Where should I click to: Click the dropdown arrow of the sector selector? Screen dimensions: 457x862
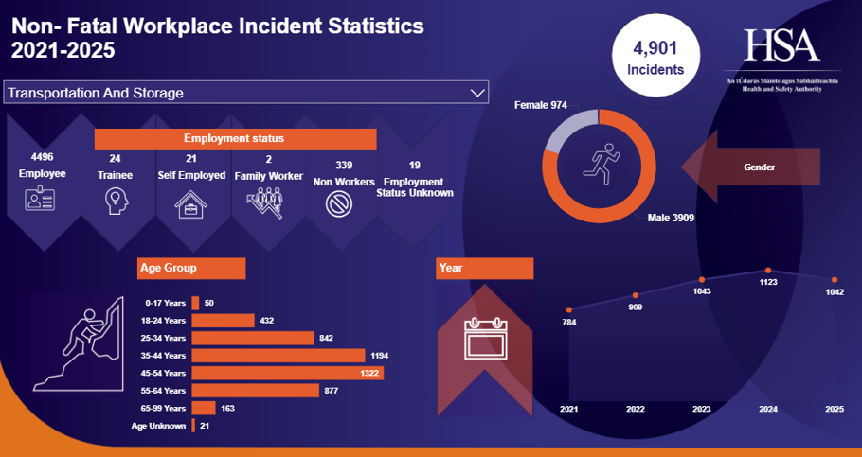pyautogui.click(x=476, y=93)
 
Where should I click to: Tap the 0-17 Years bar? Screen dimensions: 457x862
pyautogui.click(x=195, y=303)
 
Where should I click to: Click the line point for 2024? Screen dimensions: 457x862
pyautogui.click(x=768, y=271)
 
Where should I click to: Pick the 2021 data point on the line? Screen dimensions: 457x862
pyautogui.click(x=568, y=309)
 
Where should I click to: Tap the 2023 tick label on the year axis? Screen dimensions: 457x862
pyautogui.click(x=702, y=409)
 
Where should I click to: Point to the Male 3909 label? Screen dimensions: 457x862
pyautogui.click(x=671, y=219)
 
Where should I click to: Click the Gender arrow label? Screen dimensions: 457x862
pyautogui.click(x=759, y=167)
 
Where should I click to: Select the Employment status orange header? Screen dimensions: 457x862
pyautogui.click(x=235, y=138)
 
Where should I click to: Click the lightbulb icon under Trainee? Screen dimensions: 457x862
pyautogui.click(x=116, y=201)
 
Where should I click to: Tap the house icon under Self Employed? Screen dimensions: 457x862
pyautogui.click(x=191, y=202)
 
